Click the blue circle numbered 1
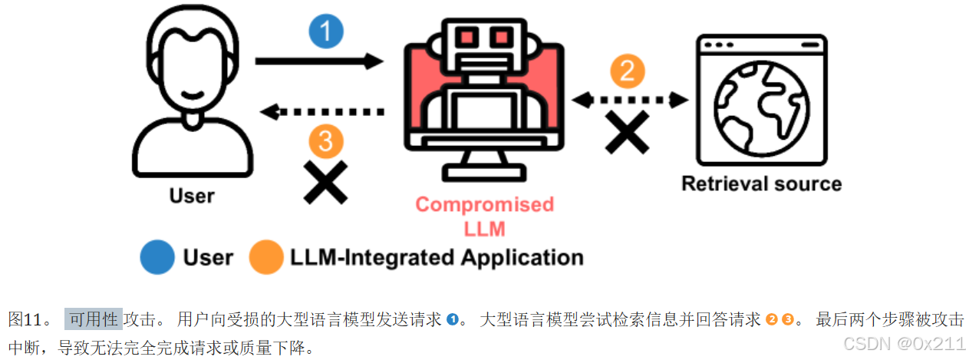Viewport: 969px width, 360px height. (326, 31)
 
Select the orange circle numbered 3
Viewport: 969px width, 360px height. (325, 141)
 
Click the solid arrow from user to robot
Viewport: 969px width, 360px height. (318, 61)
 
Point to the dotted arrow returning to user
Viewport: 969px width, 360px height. (322, 112)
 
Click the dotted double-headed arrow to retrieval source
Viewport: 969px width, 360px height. (630, 99)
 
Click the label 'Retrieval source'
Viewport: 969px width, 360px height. (761, 183)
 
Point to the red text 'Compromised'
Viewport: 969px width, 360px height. (484, 205)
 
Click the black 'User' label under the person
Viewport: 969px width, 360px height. (192, 196)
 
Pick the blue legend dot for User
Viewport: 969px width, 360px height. (157, 257)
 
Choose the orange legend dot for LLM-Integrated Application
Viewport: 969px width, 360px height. (266, 257)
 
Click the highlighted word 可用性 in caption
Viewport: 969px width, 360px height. (94, 319)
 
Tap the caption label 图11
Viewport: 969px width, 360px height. (28, 319)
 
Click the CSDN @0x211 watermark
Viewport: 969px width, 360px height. (903, 342)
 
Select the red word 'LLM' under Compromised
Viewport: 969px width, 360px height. (484, 228)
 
